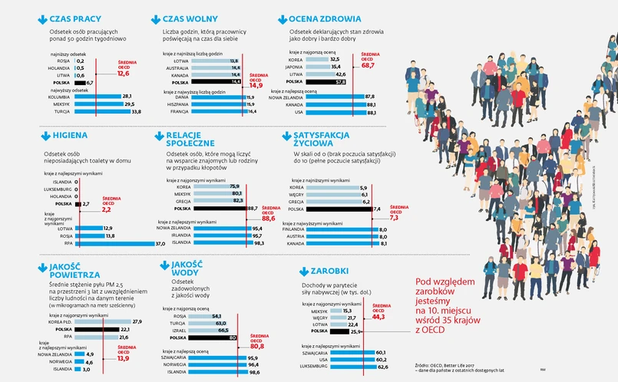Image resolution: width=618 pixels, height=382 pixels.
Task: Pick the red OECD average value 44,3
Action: pos(378,316)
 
